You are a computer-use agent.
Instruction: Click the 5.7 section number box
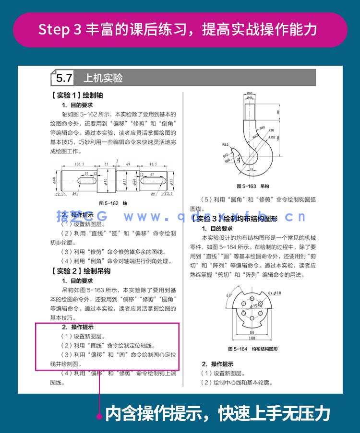pyautogui.click(x=64, y=78)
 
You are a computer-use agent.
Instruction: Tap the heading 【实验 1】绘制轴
pyautogui.click(x=77, y=95)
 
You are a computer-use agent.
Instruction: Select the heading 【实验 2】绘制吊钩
pyautogui.click(x=81, y=271)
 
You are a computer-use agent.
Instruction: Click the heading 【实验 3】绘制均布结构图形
pyautogui.click(x=234, y=219)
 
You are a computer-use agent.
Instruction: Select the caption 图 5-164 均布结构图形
pyautogui.click(x=252, y=349)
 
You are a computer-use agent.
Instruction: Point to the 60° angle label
pyautogui.click(x=229, y=295)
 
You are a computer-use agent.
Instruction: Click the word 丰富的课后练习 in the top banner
pyautogui.click(x=139, y=29)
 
